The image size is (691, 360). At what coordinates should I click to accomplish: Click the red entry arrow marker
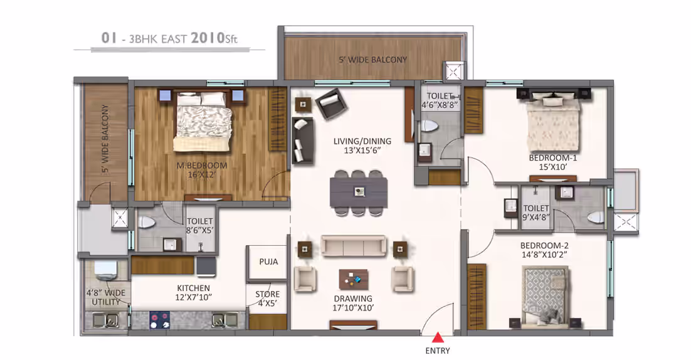click(437, 337)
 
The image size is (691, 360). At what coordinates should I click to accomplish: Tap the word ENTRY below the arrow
click(438, 351)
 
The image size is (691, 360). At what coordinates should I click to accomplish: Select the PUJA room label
click(268, 262)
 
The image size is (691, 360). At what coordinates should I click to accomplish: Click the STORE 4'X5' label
click(268, 299)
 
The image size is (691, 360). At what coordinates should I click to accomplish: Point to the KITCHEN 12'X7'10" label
click(194, 293)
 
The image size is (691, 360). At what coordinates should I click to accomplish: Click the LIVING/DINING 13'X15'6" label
click(362, 146)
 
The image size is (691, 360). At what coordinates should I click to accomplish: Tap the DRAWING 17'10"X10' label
click(353, 303)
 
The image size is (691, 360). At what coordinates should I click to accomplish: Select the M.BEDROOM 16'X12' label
click(202, 170)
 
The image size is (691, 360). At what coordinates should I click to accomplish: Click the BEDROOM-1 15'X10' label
click(552, 162)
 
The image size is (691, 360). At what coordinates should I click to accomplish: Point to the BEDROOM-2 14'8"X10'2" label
click(544, 250)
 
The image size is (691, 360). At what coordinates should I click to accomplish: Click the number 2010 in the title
click(208, 38)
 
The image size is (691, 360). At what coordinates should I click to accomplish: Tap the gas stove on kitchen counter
click(159, 320)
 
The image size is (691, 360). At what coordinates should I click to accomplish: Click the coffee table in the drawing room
click(354, 279)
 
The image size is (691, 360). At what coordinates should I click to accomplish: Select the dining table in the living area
click(359, 192)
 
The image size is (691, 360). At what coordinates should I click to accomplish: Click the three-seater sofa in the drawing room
click(354, 246)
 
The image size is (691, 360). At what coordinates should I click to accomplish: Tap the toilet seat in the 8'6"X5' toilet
click(146, 221)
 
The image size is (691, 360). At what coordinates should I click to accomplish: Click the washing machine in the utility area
click(105, 270)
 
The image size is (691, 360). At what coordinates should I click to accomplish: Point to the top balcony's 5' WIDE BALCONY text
click(373, 60)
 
